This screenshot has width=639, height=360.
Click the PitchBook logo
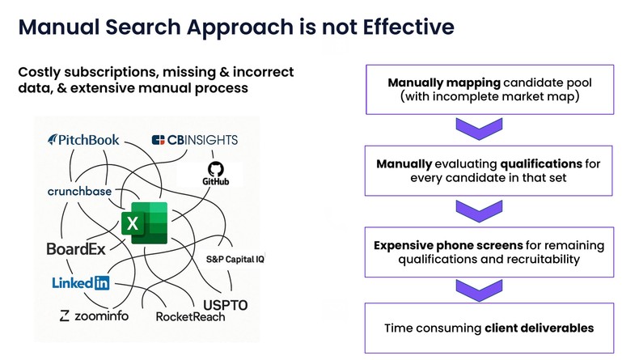tap(83, 140)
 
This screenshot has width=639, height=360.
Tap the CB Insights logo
tap(195, 140)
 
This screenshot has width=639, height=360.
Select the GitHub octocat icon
tap(216, 169)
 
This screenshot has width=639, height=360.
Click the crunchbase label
tap(79, 191)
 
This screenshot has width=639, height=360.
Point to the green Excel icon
tap(145, 222)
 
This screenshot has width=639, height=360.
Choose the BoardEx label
tap(76, 248)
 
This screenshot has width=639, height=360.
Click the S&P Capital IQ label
tap(235, 260)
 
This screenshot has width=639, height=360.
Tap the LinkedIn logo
tap(81, 282)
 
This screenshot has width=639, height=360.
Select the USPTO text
tap(226, 305)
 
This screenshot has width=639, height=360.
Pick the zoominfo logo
tap(94, 316)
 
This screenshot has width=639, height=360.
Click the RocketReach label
tap(190, 317)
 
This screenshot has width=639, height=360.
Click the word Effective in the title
tap(408, 27)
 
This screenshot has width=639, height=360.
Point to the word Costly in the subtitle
tap(39, 73)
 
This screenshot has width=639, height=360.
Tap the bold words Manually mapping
tap(444, 83)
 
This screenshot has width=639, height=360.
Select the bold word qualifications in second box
tap(541, 164)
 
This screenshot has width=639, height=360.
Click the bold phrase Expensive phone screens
tap(448, 245)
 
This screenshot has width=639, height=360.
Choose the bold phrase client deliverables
tap(540, 328)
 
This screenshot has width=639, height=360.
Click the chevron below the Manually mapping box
tap(479, 129)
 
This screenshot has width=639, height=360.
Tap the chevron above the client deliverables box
tap(479, 290)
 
